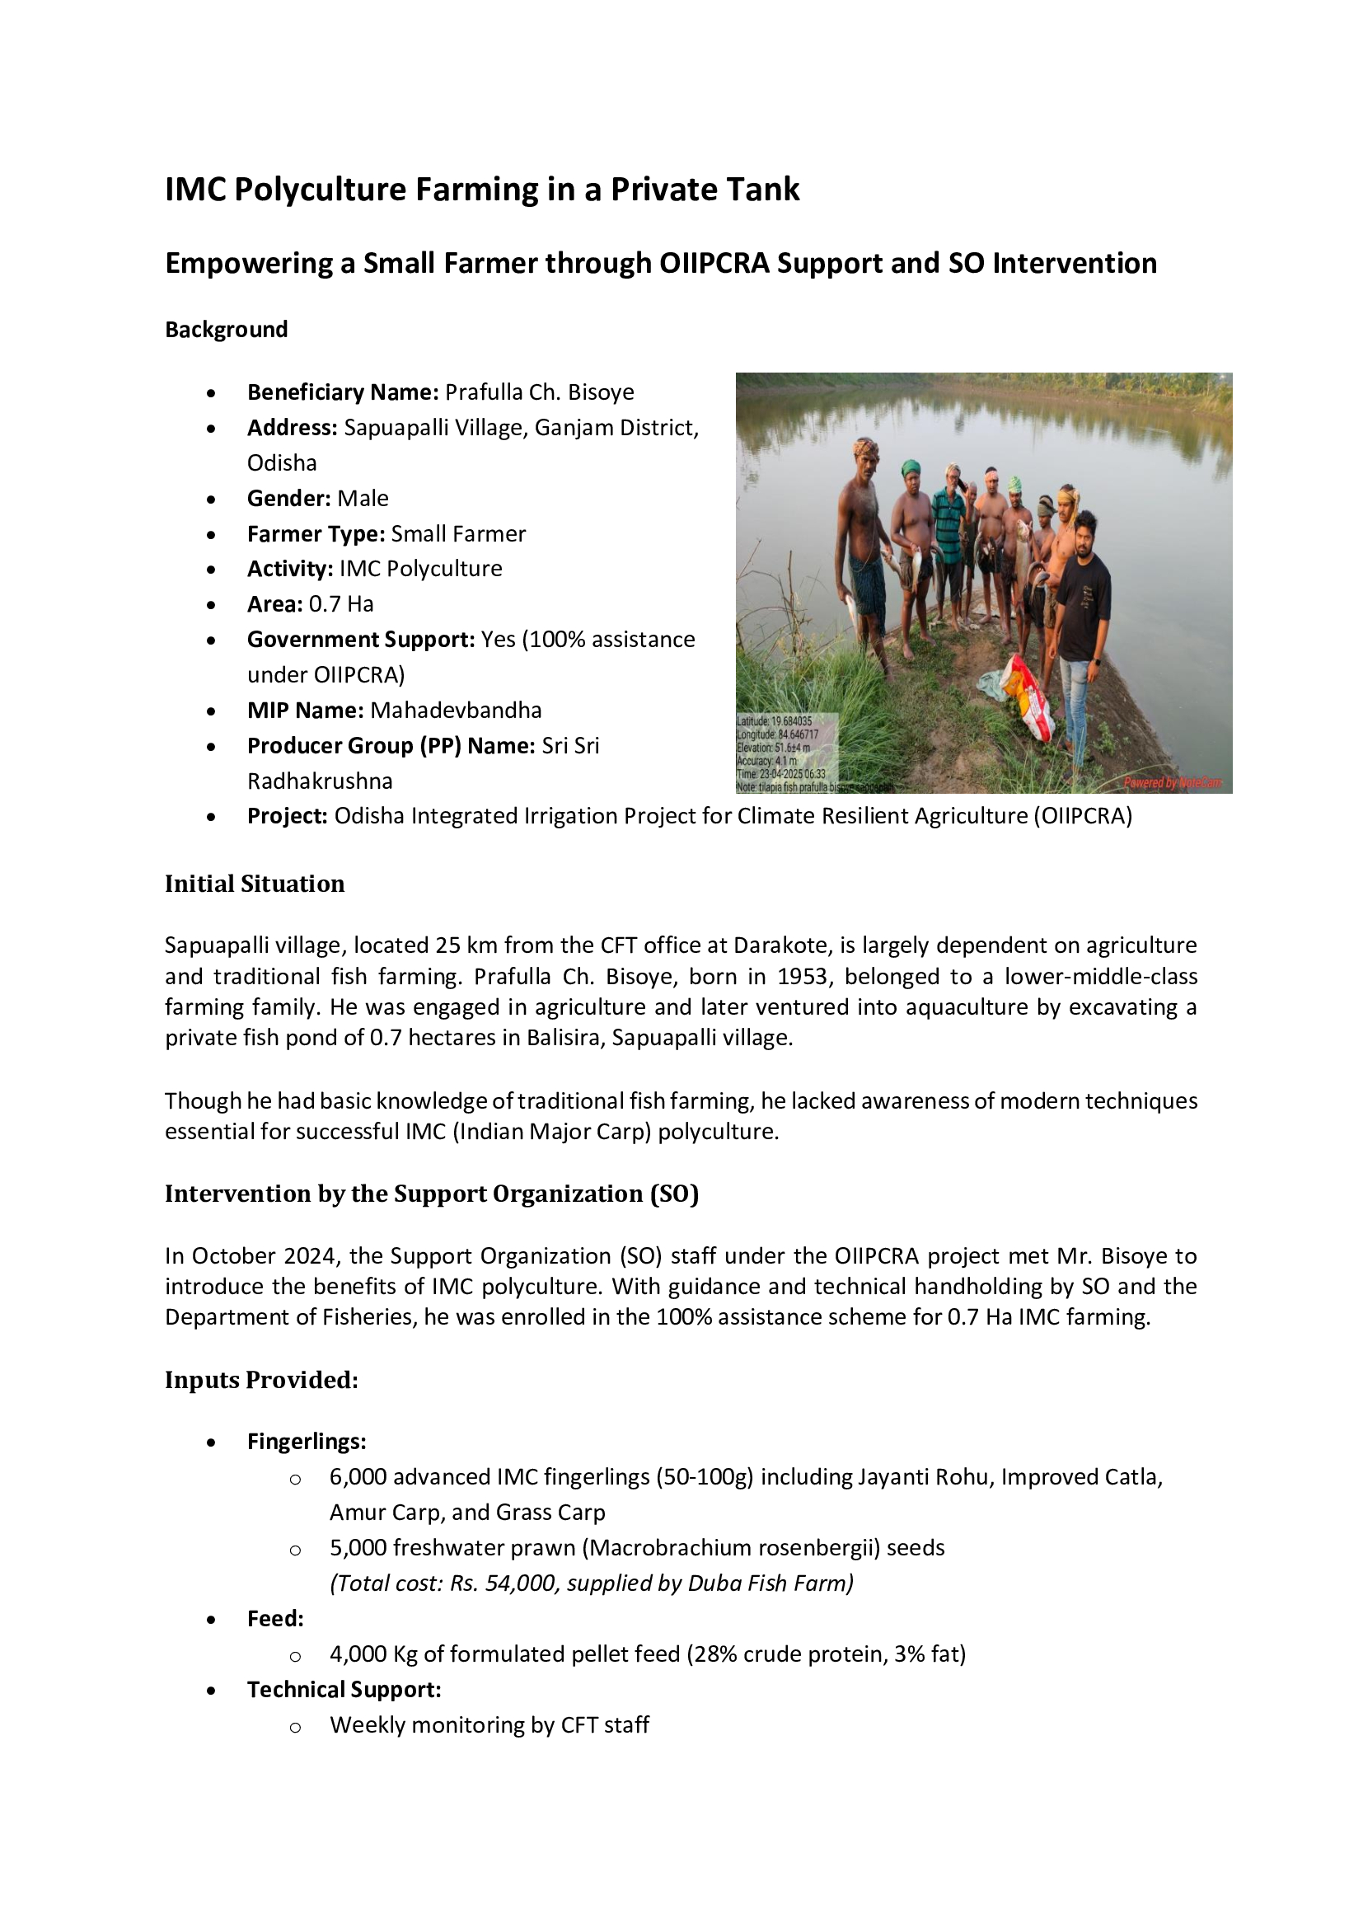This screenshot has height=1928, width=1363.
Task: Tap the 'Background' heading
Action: [226, 329]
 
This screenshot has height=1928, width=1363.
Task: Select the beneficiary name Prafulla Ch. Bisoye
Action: [539, 392]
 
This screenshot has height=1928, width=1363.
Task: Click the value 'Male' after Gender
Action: [363, 498]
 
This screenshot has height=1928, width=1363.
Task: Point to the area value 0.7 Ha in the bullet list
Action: [341, 603]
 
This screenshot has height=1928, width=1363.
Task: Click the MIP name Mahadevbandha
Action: [456, 711]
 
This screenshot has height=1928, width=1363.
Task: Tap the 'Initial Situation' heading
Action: [255, 884]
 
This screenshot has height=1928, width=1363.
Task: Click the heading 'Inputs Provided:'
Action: [261, 1380]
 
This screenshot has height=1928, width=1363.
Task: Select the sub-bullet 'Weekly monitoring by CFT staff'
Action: [489, 1724]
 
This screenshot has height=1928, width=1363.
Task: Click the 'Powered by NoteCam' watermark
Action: [1173, 782]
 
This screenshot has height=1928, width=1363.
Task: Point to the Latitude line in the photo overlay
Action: [774, 720]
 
